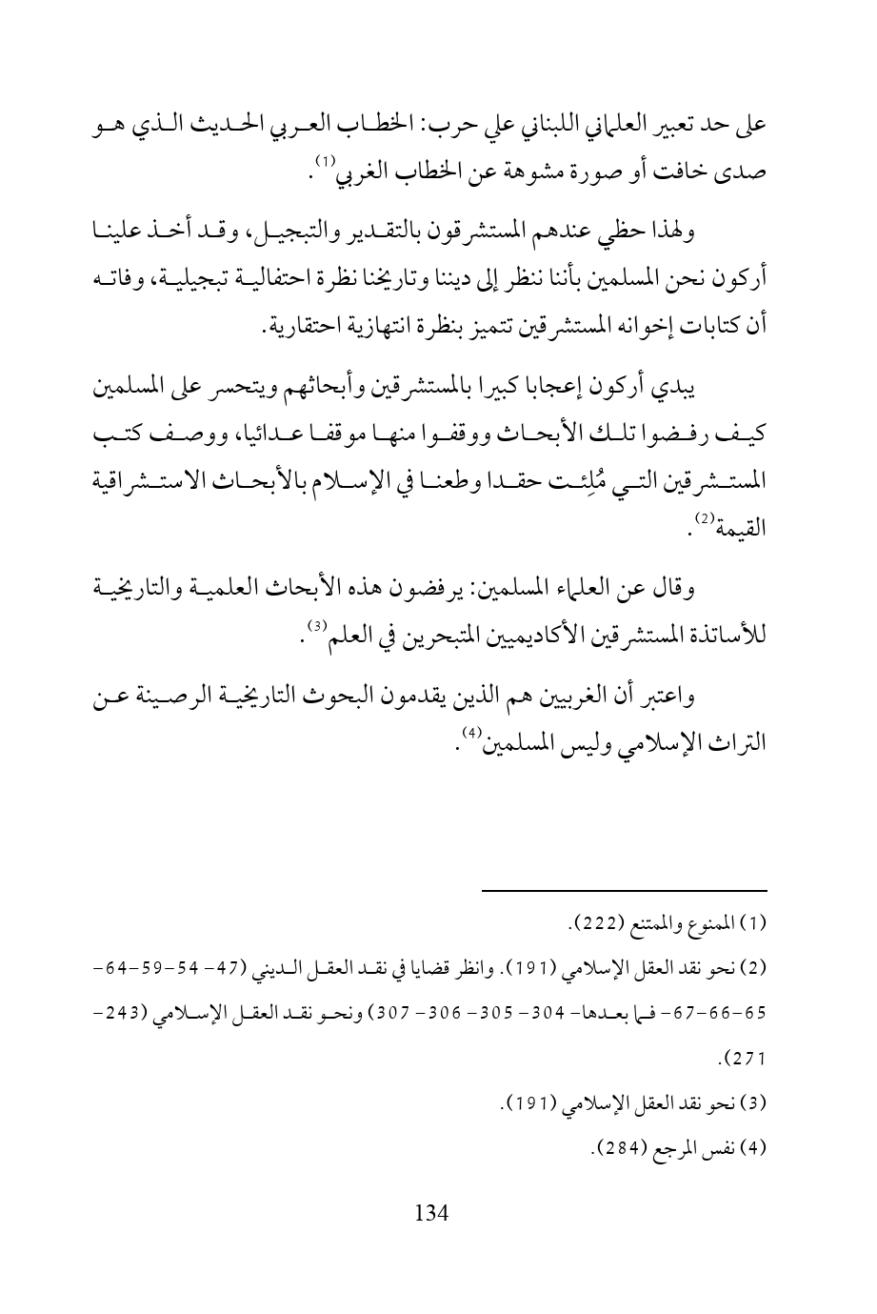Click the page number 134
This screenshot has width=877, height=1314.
(x=431, y=1212)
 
